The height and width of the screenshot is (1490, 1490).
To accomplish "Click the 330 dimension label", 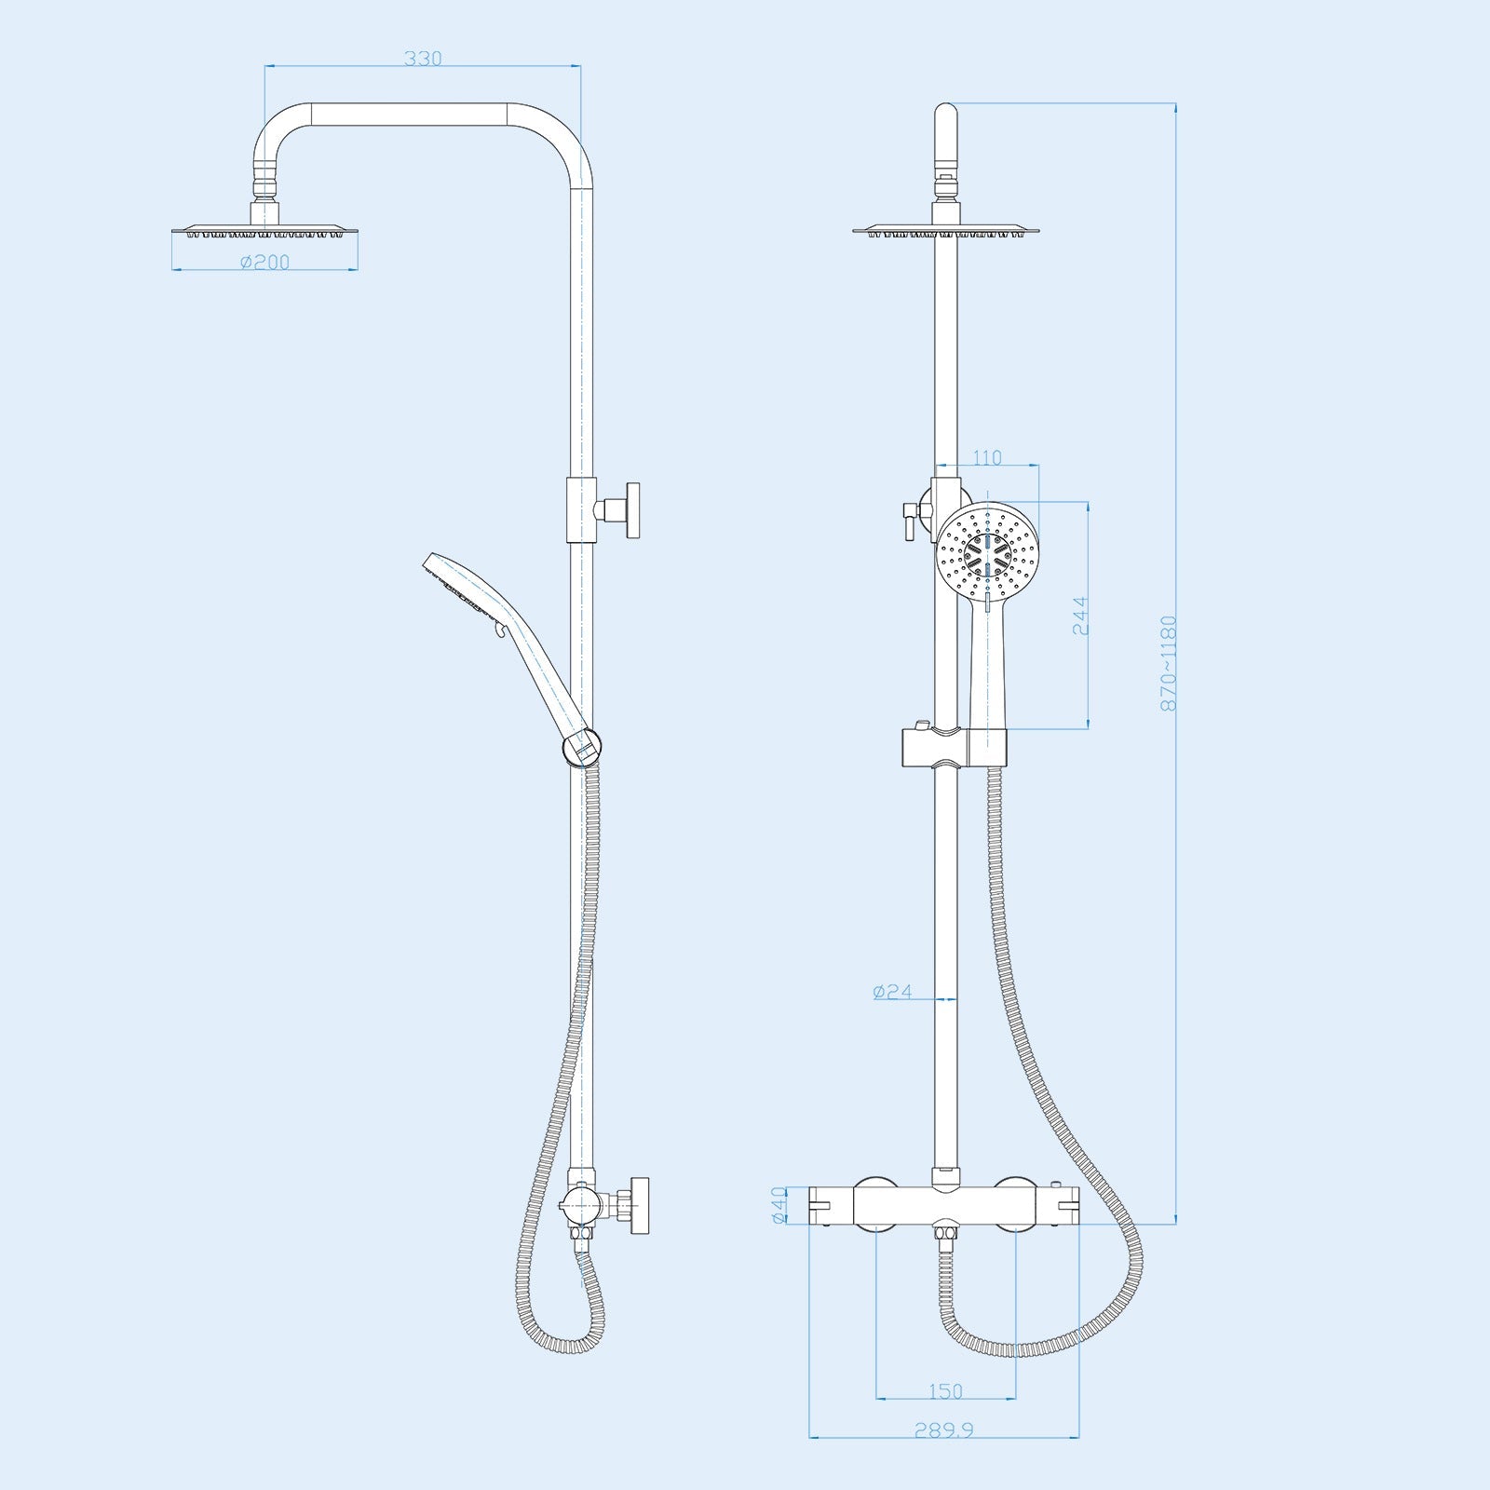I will [423, 59].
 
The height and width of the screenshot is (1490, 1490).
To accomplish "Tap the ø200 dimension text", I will [265, 263].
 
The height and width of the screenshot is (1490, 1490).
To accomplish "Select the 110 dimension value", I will [986, 458].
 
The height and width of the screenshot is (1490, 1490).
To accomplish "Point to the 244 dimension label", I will [1080, 616].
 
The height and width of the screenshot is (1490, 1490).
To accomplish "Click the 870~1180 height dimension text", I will [1170, 664].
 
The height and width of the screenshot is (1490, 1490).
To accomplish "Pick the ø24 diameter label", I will [892, 992].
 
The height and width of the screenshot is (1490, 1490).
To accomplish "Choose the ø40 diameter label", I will [780, 1205].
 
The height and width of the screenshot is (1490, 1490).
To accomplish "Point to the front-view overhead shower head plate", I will [945, 228].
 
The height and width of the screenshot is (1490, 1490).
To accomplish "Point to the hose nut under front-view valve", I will [946, 1239].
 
